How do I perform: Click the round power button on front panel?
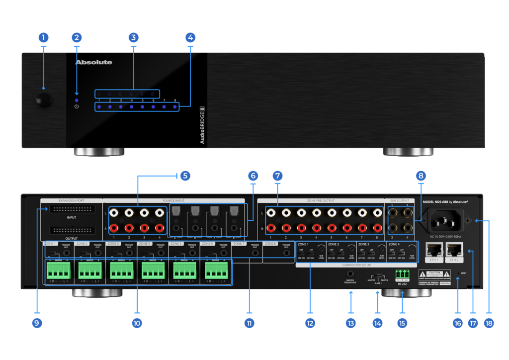click(44, 100)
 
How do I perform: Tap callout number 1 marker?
click(44, 37)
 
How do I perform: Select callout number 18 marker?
click(489, 323)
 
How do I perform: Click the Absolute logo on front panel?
click(93, 63)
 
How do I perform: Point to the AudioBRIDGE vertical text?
click(202, 125)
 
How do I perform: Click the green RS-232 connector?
click(402, 273)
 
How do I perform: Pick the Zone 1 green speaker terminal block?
click(59, 271)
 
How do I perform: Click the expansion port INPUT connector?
click(71, 209)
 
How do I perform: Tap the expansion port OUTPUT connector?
click(71, 230)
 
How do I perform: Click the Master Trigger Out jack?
click(350, 273)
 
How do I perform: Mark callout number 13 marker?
click(351, 323)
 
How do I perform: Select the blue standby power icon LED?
click(77, 106)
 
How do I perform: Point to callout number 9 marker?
click(36, 323)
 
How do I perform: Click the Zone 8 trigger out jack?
click(286, 253)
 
